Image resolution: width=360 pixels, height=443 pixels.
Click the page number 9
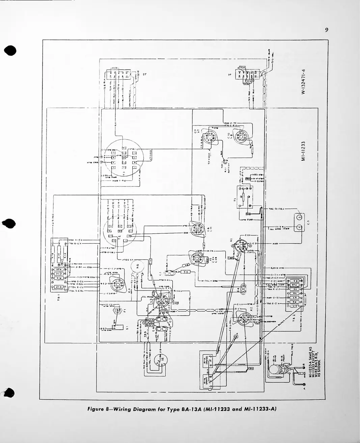tap(327, 30)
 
